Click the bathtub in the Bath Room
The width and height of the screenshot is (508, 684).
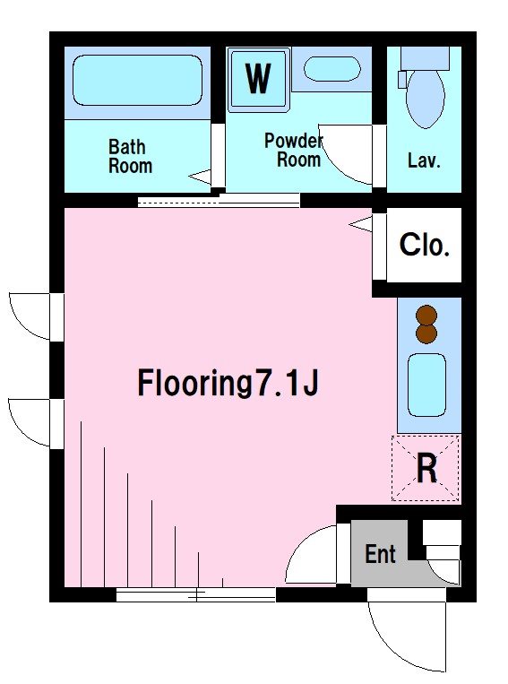137,81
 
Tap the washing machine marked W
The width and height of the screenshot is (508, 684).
258,79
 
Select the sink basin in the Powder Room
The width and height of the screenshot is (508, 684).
332,69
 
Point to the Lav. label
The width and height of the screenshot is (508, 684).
424,160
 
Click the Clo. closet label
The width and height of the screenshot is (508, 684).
425,245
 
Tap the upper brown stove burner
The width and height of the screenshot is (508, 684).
426,315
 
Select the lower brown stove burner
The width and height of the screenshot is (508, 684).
426,333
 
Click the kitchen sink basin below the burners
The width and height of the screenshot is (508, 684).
426,385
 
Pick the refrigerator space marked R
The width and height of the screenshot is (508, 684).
426,468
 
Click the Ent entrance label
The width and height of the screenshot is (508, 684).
380,554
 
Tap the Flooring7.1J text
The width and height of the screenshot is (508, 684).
228,383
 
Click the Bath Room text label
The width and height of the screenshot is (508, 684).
130,156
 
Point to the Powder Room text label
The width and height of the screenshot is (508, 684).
294,150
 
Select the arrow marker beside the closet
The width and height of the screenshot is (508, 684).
360,224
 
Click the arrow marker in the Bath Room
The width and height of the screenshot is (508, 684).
200,177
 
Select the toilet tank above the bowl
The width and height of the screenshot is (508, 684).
426,58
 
